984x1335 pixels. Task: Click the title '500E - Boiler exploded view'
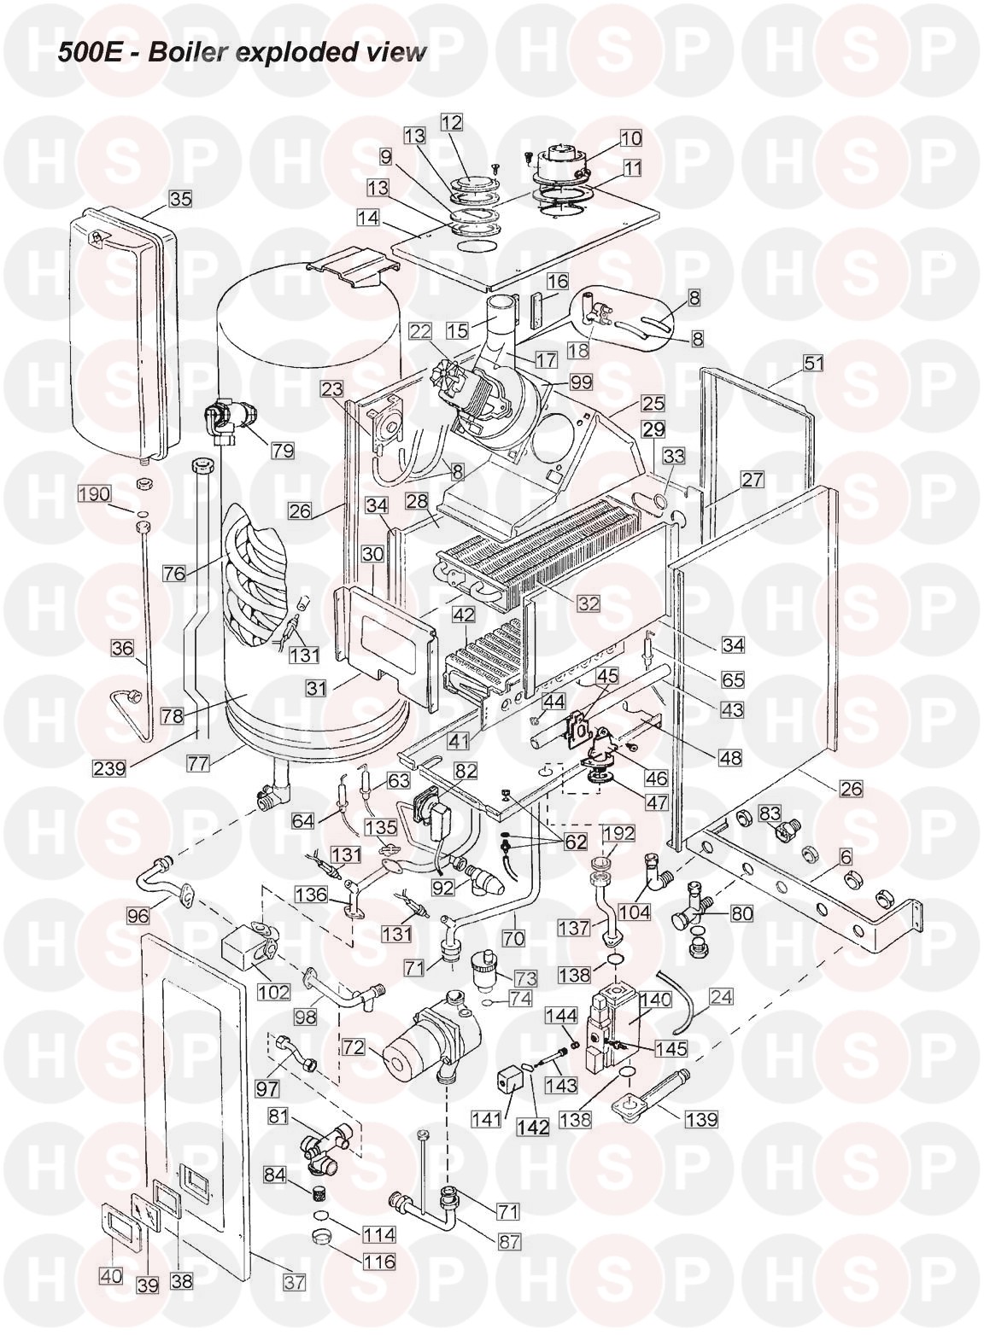point(242,52)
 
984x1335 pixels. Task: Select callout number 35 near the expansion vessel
point(179,199)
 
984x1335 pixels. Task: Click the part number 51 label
point(814,364)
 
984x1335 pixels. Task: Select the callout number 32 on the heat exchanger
point(588,603)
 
